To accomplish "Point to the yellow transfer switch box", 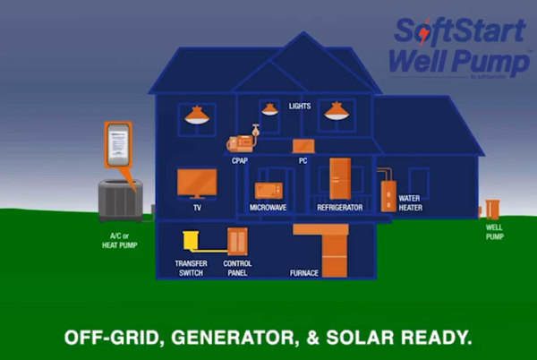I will point(190,241).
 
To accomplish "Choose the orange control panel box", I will point(236,241).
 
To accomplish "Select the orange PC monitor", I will point(303,145).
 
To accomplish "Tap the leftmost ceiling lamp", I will point(198,115).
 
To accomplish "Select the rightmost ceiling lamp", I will point(336,111).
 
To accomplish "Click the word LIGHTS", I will point(300,107).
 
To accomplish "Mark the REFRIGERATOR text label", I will point(340,208).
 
